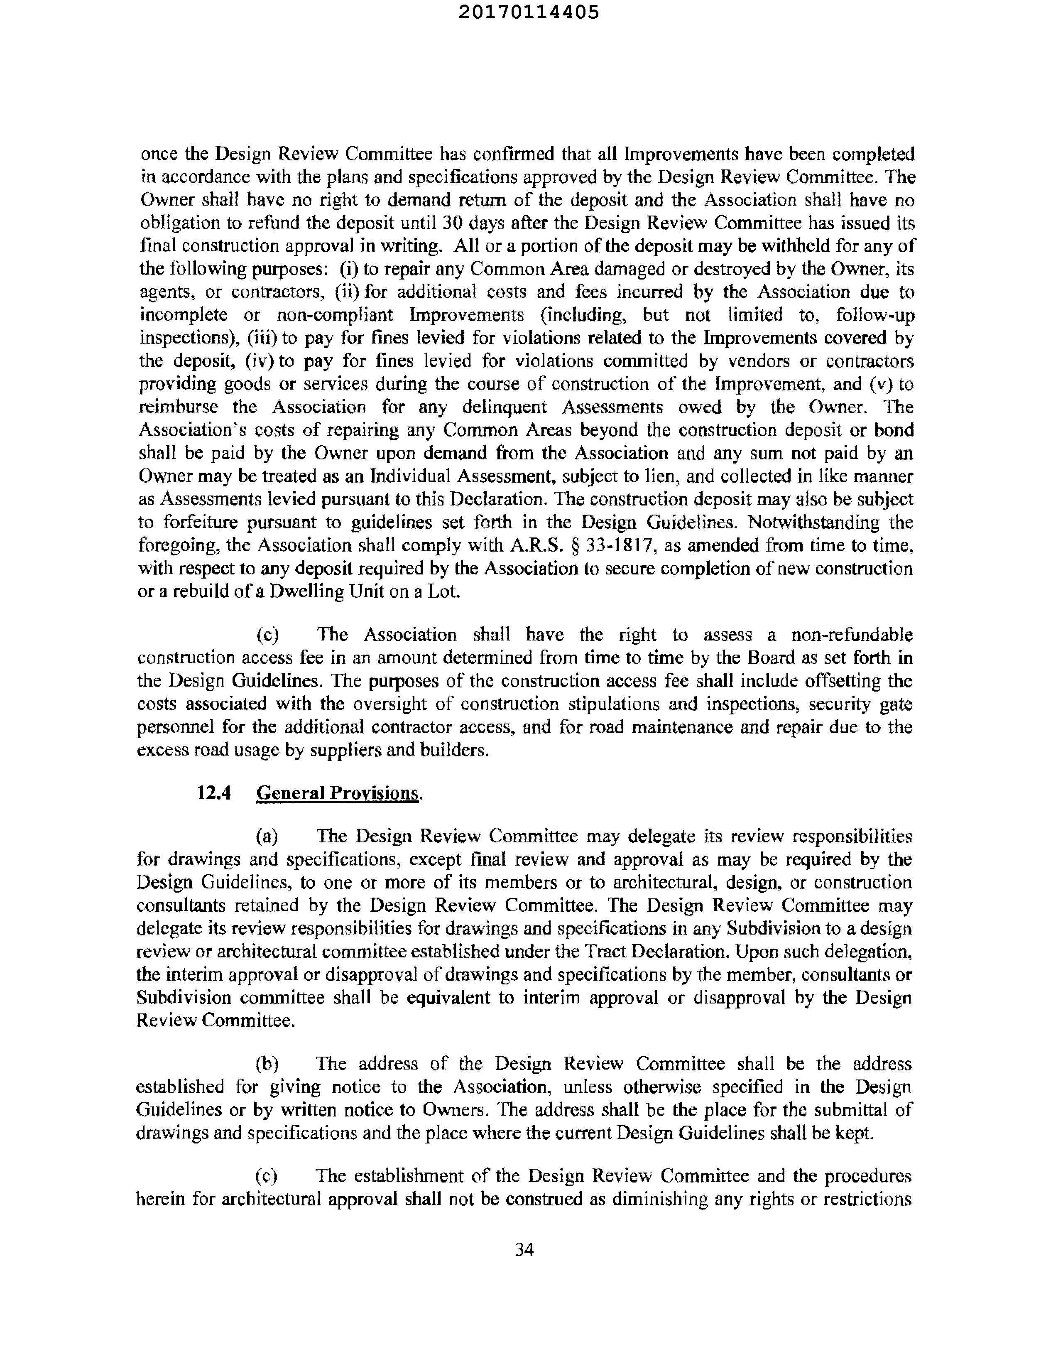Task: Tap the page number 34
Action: click(x=524, y=1250)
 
